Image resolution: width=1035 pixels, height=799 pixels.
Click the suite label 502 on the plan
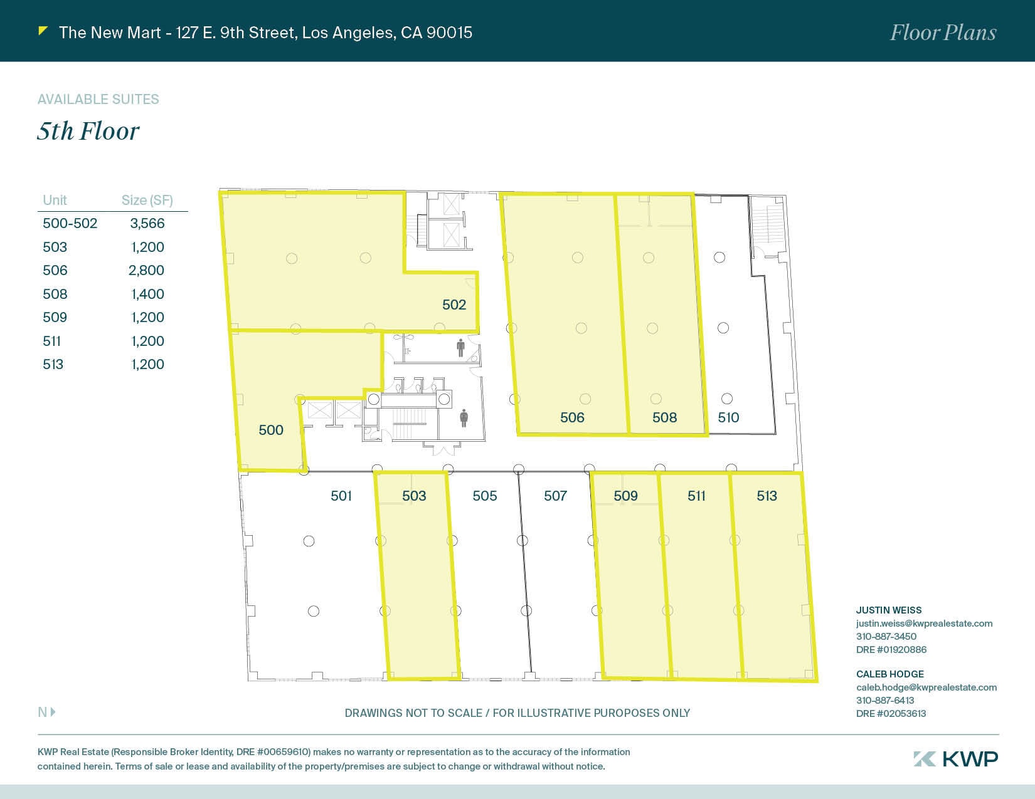point(454,305)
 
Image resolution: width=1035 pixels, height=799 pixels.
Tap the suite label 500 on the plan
point(271,430)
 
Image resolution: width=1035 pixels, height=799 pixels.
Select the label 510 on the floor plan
point(728,417)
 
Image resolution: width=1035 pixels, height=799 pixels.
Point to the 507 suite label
point(555,496)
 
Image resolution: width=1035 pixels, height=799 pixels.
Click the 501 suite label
point(341,496)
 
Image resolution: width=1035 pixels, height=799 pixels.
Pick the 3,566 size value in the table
point(147,224)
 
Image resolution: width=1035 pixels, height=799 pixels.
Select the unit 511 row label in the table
point(52,341)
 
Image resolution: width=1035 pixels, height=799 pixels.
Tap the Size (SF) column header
point(147,200)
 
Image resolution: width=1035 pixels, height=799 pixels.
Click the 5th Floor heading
point(88,131)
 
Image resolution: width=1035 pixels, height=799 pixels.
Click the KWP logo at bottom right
point(955,758)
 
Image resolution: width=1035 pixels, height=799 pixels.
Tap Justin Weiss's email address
point(924,624)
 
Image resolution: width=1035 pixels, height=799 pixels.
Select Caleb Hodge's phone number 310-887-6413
point(885,700)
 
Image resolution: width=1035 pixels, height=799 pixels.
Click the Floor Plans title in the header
point(943,33)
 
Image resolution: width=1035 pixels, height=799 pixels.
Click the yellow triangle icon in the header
point(43,30)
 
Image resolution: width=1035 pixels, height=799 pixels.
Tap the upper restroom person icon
point(461,347)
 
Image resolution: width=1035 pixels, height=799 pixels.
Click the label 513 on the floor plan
point(767,496)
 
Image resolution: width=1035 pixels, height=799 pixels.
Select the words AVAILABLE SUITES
point(98,99)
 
